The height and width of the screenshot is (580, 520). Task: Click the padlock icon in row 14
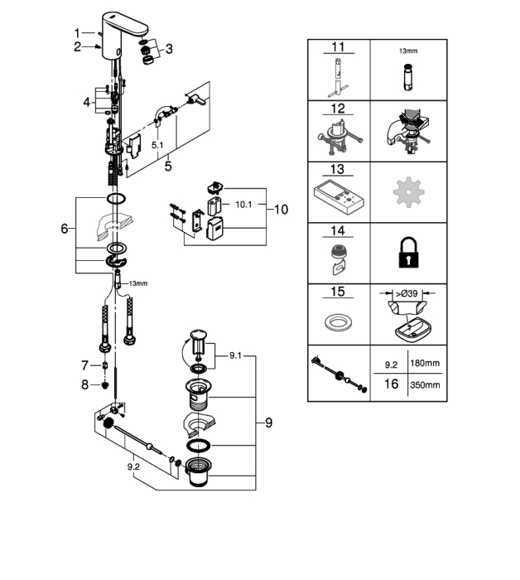[x=409, y=253]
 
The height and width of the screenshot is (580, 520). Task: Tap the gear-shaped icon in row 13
[x=408, y=192]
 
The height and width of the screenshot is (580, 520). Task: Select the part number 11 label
[x=338, y=47]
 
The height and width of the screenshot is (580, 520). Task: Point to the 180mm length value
[x=425, y=363]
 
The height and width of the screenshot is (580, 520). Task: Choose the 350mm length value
[x=425, y=385]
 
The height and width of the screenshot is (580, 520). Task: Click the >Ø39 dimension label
[x=407, y=293]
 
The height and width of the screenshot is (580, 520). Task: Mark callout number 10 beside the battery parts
[x=281, y=210]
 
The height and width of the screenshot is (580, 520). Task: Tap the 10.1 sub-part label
[x=243, y=204]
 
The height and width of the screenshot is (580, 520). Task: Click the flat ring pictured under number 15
[x=338, y=321]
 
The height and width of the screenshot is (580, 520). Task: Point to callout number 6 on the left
[x=65, y=229]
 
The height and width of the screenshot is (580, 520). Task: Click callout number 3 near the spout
[x=169, y=49]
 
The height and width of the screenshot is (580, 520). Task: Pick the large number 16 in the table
[x=391, y=384]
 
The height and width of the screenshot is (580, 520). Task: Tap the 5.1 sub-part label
[x=157, y=145]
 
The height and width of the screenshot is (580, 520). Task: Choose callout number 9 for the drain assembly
[x=268, y=423]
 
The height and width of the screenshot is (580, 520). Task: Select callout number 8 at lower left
[x=85, y=384]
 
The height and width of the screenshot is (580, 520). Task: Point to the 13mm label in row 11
[x=408, y=51]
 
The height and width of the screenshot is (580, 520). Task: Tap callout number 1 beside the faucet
[x=77, y=33]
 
